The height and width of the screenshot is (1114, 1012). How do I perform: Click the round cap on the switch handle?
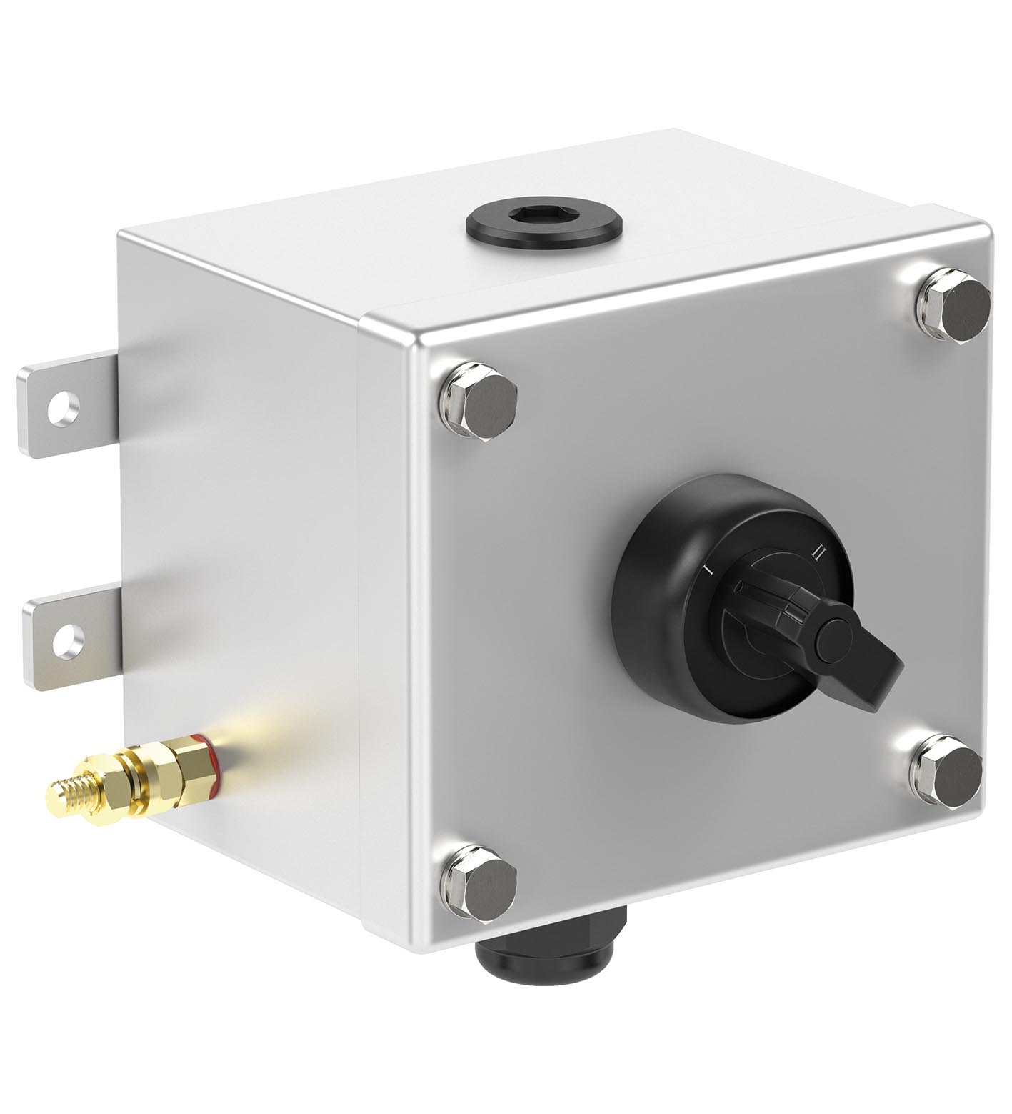[838, 639]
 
